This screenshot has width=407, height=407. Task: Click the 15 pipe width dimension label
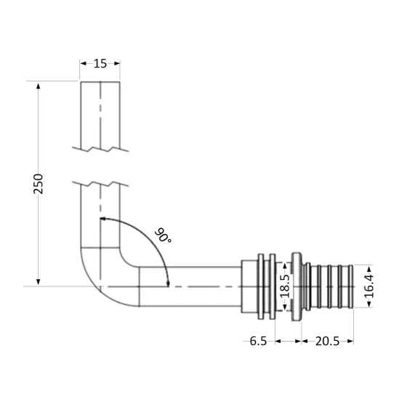[x=100, y=63]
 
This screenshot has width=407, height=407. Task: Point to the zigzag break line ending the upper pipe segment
[x=100, y=150]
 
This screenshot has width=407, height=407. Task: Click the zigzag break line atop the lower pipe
[x=100, y=182]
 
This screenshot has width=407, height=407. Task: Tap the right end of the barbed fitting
[x=351, y=286]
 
